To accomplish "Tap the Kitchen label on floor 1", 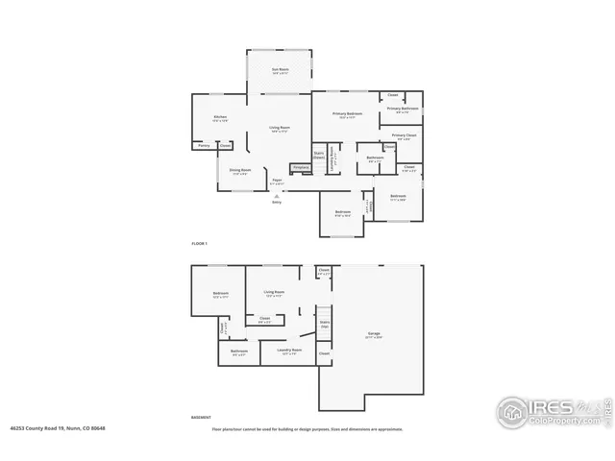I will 220,118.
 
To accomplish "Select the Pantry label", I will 203,146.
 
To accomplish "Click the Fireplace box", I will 300,167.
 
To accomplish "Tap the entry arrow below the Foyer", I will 277,196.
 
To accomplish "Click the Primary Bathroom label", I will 403,109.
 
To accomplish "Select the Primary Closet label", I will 404,136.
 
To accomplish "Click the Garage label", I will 374,334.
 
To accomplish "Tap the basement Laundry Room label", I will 289,351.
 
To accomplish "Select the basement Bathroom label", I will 239,352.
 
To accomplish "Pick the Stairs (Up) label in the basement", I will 324,325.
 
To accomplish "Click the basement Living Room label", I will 274,293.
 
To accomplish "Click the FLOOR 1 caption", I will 200,245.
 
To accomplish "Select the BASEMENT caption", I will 202,418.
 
